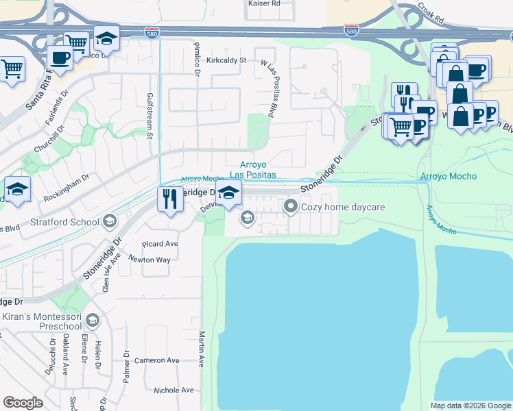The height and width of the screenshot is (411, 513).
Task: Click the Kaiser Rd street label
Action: tap(263, 3)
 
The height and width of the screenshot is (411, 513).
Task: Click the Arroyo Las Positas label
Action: tap(258, 169)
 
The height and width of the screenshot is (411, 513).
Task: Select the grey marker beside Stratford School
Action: tap(109, 221)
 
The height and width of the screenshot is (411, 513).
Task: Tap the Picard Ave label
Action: tap(159, 244)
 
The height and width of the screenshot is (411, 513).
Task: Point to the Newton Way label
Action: tap(151, 260)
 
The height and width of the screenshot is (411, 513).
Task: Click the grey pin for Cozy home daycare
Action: tap(291, 206)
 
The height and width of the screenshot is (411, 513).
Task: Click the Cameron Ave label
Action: tap(156, 360)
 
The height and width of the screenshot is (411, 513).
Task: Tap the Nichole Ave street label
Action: tap(174, 390)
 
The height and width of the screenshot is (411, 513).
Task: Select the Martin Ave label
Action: tap(202, 349)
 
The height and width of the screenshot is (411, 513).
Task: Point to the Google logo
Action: tap(23, 403)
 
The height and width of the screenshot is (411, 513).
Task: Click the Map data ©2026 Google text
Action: tap(470, 406)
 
